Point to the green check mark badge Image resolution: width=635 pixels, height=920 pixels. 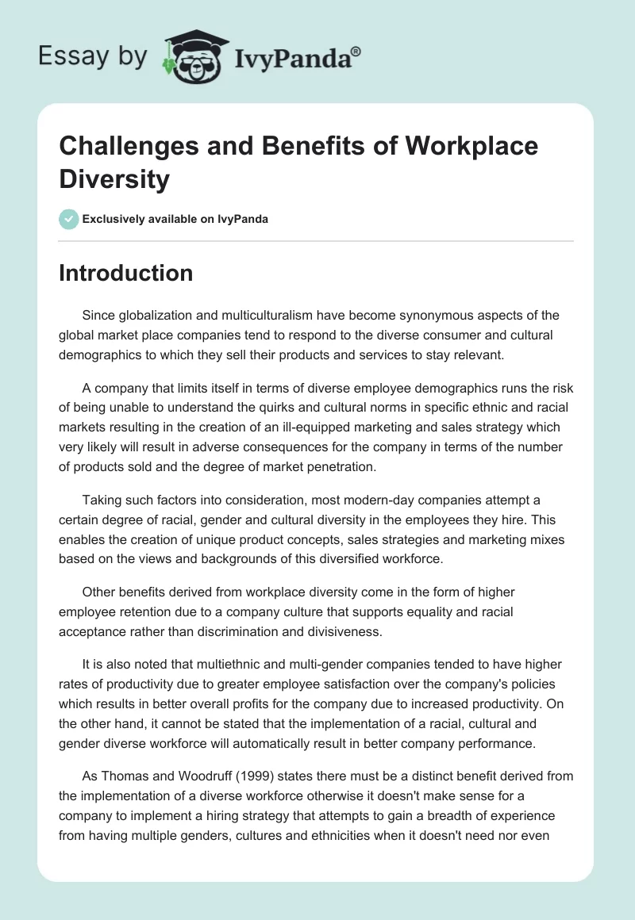coord(68,219)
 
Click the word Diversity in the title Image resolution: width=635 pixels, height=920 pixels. coord(115,179)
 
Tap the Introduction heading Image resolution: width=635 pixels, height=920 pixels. coord(126,274)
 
